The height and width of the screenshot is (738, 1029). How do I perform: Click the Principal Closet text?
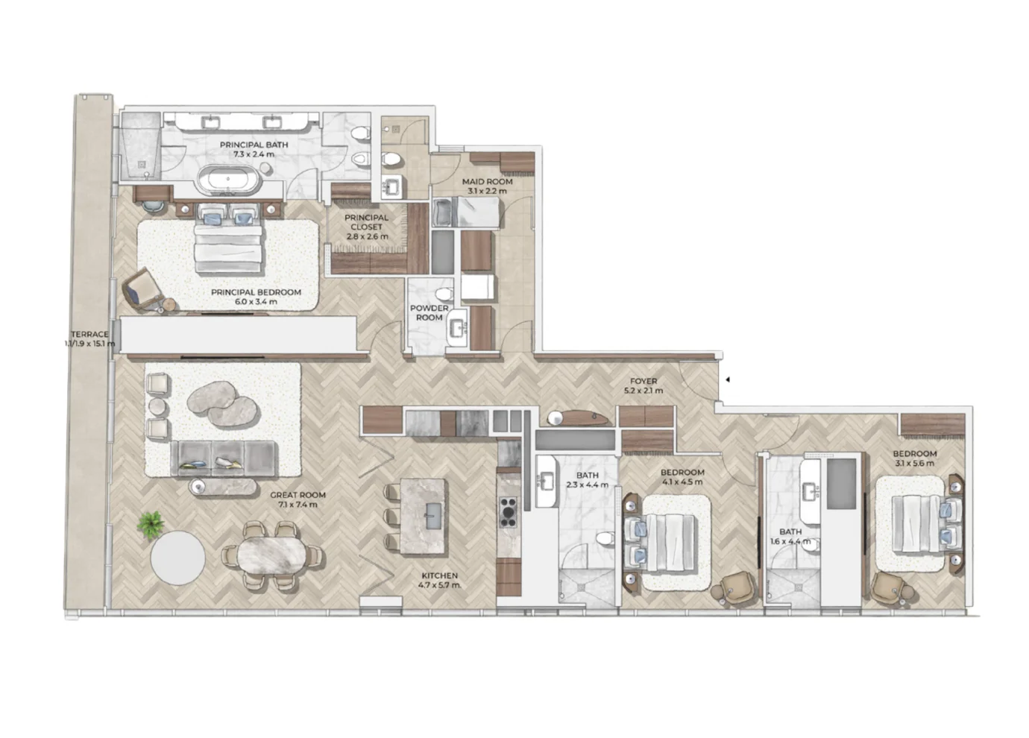pos(366,227)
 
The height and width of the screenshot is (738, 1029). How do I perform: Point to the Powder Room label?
pos(429,312)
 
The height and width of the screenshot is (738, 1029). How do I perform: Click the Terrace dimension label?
pos(90,339)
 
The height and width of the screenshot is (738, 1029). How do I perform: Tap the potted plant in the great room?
pos(151,524)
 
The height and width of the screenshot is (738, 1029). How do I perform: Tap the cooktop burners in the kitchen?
pos(509,512)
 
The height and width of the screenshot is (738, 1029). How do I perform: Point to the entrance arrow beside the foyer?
pos(727,379)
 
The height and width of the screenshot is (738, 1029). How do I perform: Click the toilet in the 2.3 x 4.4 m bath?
pos(605,538)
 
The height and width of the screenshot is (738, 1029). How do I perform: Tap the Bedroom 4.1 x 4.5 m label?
pos(682,477)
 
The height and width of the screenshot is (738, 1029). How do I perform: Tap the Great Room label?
pos(297,499)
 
